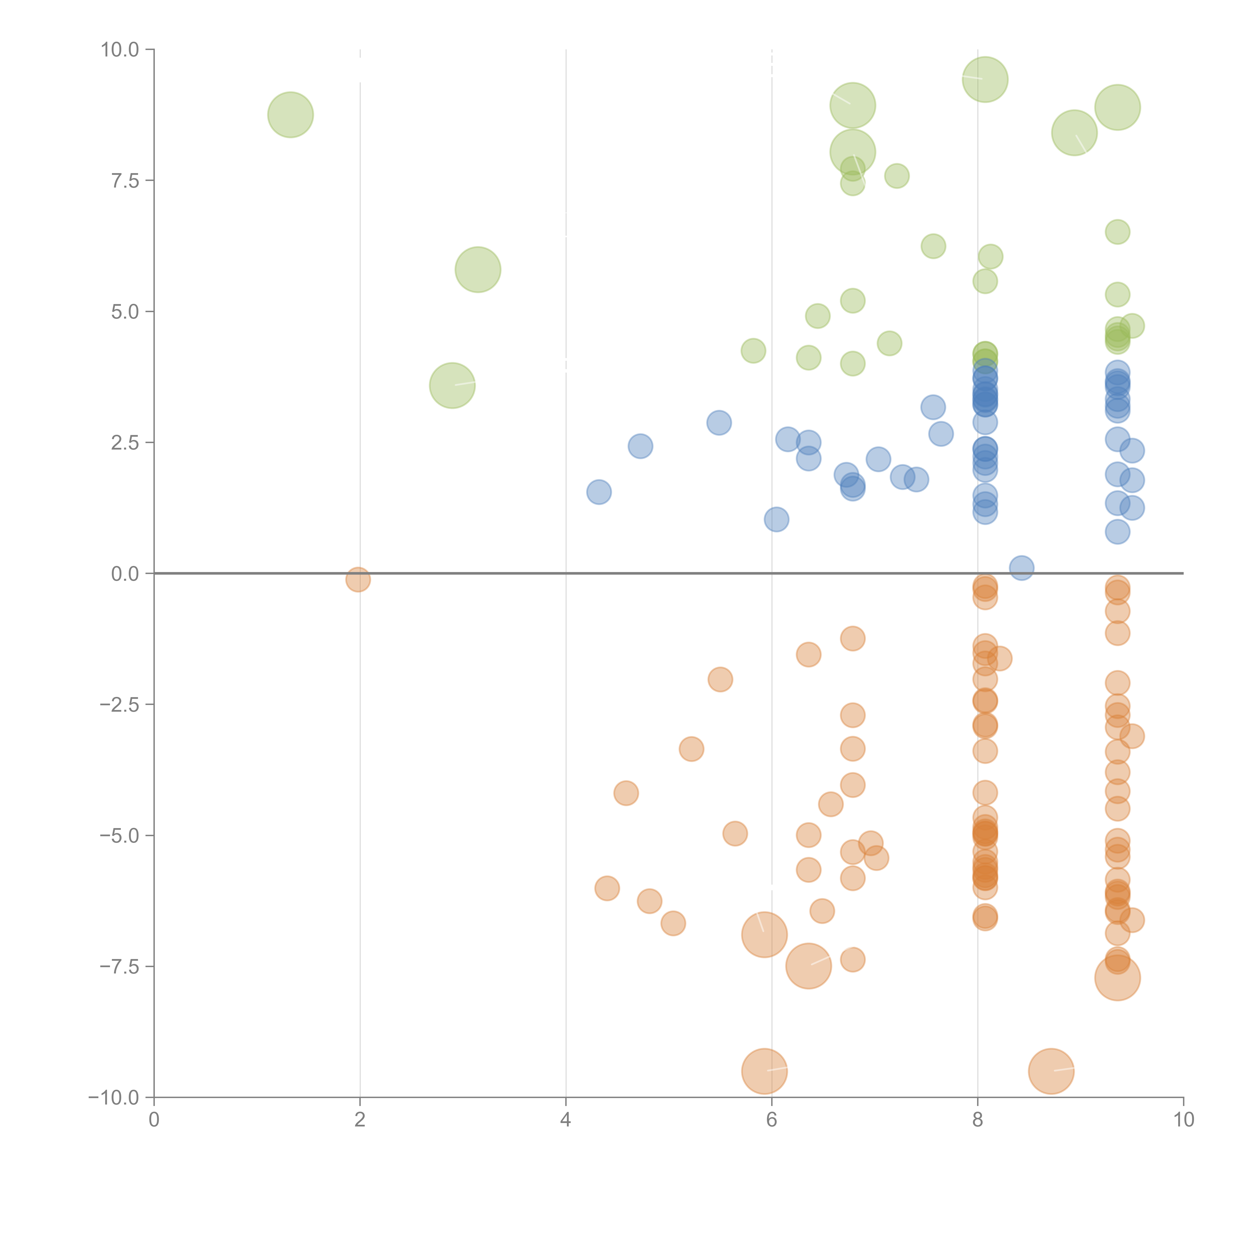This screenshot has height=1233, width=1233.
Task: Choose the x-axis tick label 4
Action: coord(565,1120)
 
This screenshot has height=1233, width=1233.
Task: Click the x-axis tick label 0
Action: coord(154,1120)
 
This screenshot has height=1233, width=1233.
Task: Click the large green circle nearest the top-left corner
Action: coord(290,115)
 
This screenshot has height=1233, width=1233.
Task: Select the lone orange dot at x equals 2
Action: coord(358,580)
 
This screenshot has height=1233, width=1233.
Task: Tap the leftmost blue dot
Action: coord(599,492)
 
